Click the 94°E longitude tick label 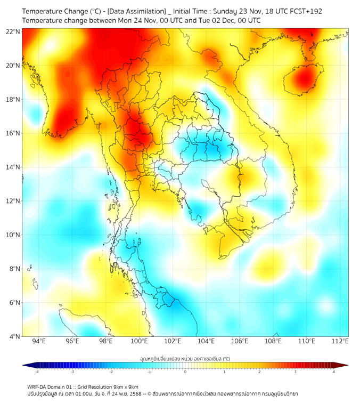(39, 342)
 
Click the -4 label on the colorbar (37, 372)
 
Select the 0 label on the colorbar (185, 372)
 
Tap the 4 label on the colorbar (334, 372)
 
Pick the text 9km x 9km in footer (126, 387)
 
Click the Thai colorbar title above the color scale (185, 359)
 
